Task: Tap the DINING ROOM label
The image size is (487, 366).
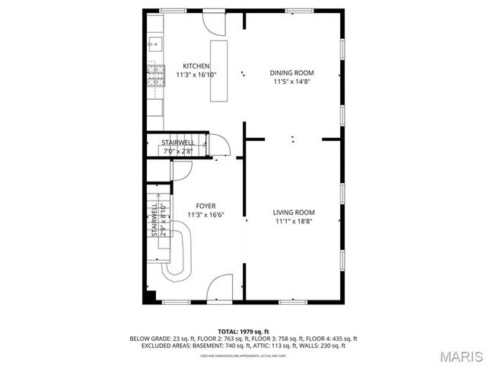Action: (291, 73)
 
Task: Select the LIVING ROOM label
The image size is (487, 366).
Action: (294, 212)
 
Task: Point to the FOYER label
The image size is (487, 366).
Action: (205, 206)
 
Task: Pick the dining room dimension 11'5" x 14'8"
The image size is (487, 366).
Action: (291, 82)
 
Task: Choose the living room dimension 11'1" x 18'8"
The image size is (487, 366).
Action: (294, 221)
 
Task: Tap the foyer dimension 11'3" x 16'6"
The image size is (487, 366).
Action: (205, 215)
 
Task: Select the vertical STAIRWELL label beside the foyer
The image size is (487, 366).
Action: (155, 220)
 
